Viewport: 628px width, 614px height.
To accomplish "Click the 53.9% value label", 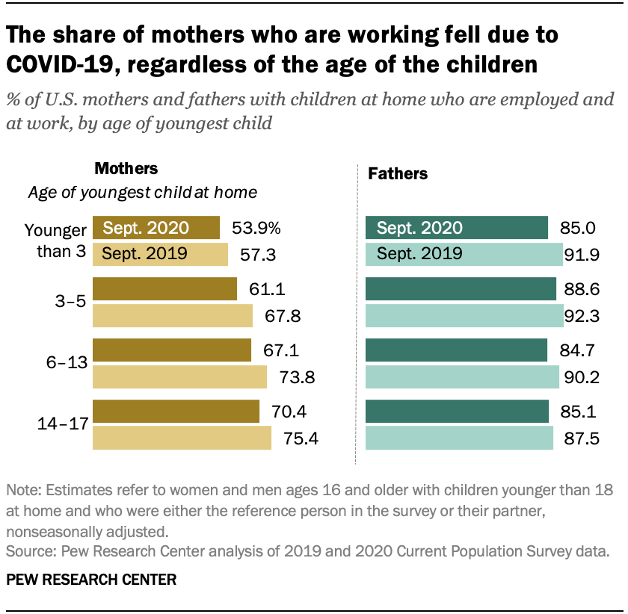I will click(256, 228).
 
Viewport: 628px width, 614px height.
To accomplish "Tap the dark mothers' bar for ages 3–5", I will click(164, 289).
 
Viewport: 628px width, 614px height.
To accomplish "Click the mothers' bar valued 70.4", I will click(176, 412).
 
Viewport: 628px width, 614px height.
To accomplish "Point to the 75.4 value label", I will click(301, 438).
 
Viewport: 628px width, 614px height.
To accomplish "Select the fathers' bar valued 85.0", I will click(457, 228).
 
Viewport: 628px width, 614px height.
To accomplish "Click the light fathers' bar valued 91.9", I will click(464, 254).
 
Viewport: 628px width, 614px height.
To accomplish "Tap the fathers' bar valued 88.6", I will click(461, 289).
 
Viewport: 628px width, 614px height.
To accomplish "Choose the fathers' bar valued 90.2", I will click(462, 377).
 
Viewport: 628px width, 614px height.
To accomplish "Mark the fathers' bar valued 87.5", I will click(459, 438).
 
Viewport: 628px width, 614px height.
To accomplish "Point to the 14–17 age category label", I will click(63, 424).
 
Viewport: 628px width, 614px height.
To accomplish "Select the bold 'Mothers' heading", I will click(126, 169).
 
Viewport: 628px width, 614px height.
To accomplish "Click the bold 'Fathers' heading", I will click(398, 174).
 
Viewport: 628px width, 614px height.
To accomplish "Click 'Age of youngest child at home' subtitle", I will click(143, 193).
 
